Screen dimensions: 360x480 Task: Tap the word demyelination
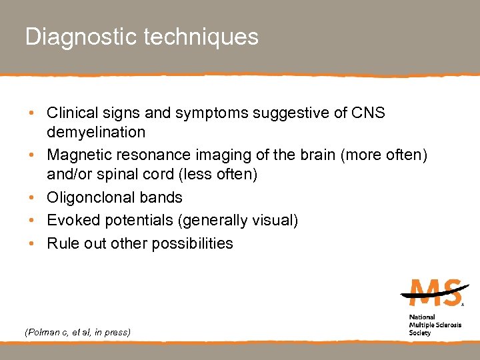tap(96, 132)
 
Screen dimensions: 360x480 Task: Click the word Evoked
tap(70, 221)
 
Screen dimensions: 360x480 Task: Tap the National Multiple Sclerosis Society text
tap(431, 325)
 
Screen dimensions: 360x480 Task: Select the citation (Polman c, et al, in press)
tap(77, 331)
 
